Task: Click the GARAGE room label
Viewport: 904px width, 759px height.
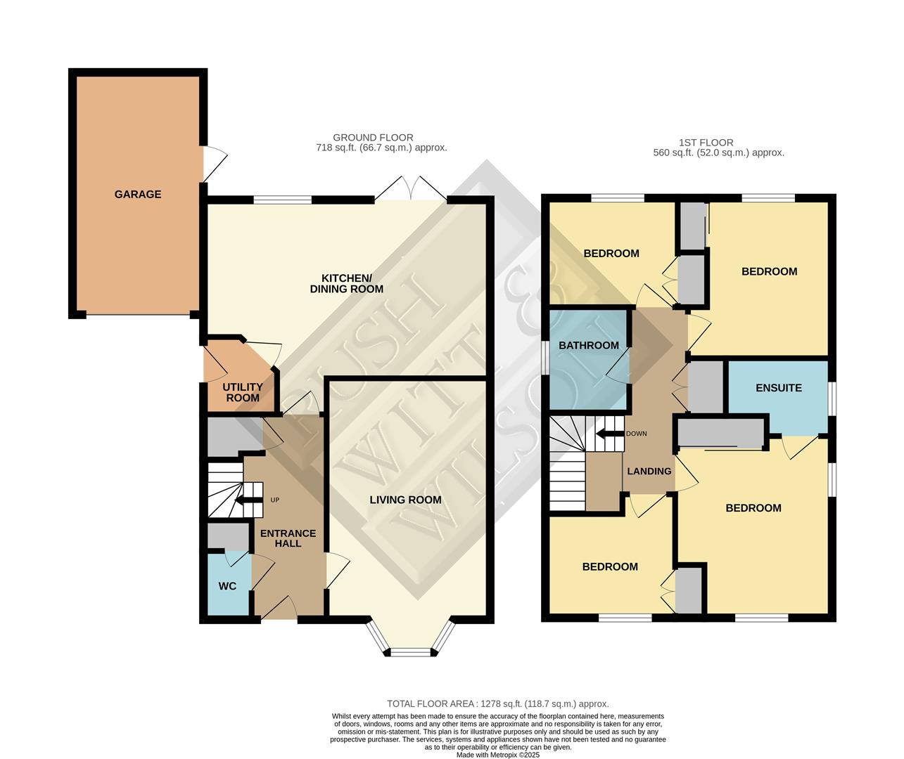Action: [x=138, y=194]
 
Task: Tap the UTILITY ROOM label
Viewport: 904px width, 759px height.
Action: [x=243, y=392]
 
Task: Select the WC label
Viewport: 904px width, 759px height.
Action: [x=227, y=586]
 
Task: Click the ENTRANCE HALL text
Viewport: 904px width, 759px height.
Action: [x=288, y=538]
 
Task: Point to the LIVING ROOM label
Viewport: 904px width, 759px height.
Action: [x=406, y=500]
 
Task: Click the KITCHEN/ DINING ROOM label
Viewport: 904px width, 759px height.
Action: [x=347, y=283]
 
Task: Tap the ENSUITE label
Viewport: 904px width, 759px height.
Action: [x=778, y=388]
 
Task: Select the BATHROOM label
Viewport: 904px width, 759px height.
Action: [x=589, y=345]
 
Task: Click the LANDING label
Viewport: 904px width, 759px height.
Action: [x=649, y=471]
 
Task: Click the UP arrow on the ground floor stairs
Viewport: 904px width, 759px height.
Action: [x=248, y=500]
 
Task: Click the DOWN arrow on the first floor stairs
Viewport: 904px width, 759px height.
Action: [x=609, y=434]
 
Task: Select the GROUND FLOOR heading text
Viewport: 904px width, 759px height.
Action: [x=373, y=138]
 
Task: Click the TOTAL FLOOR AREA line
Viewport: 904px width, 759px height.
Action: [x=497, y=703]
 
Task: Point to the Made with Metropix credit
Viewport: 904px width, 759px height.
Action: [x=497, y=755]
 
